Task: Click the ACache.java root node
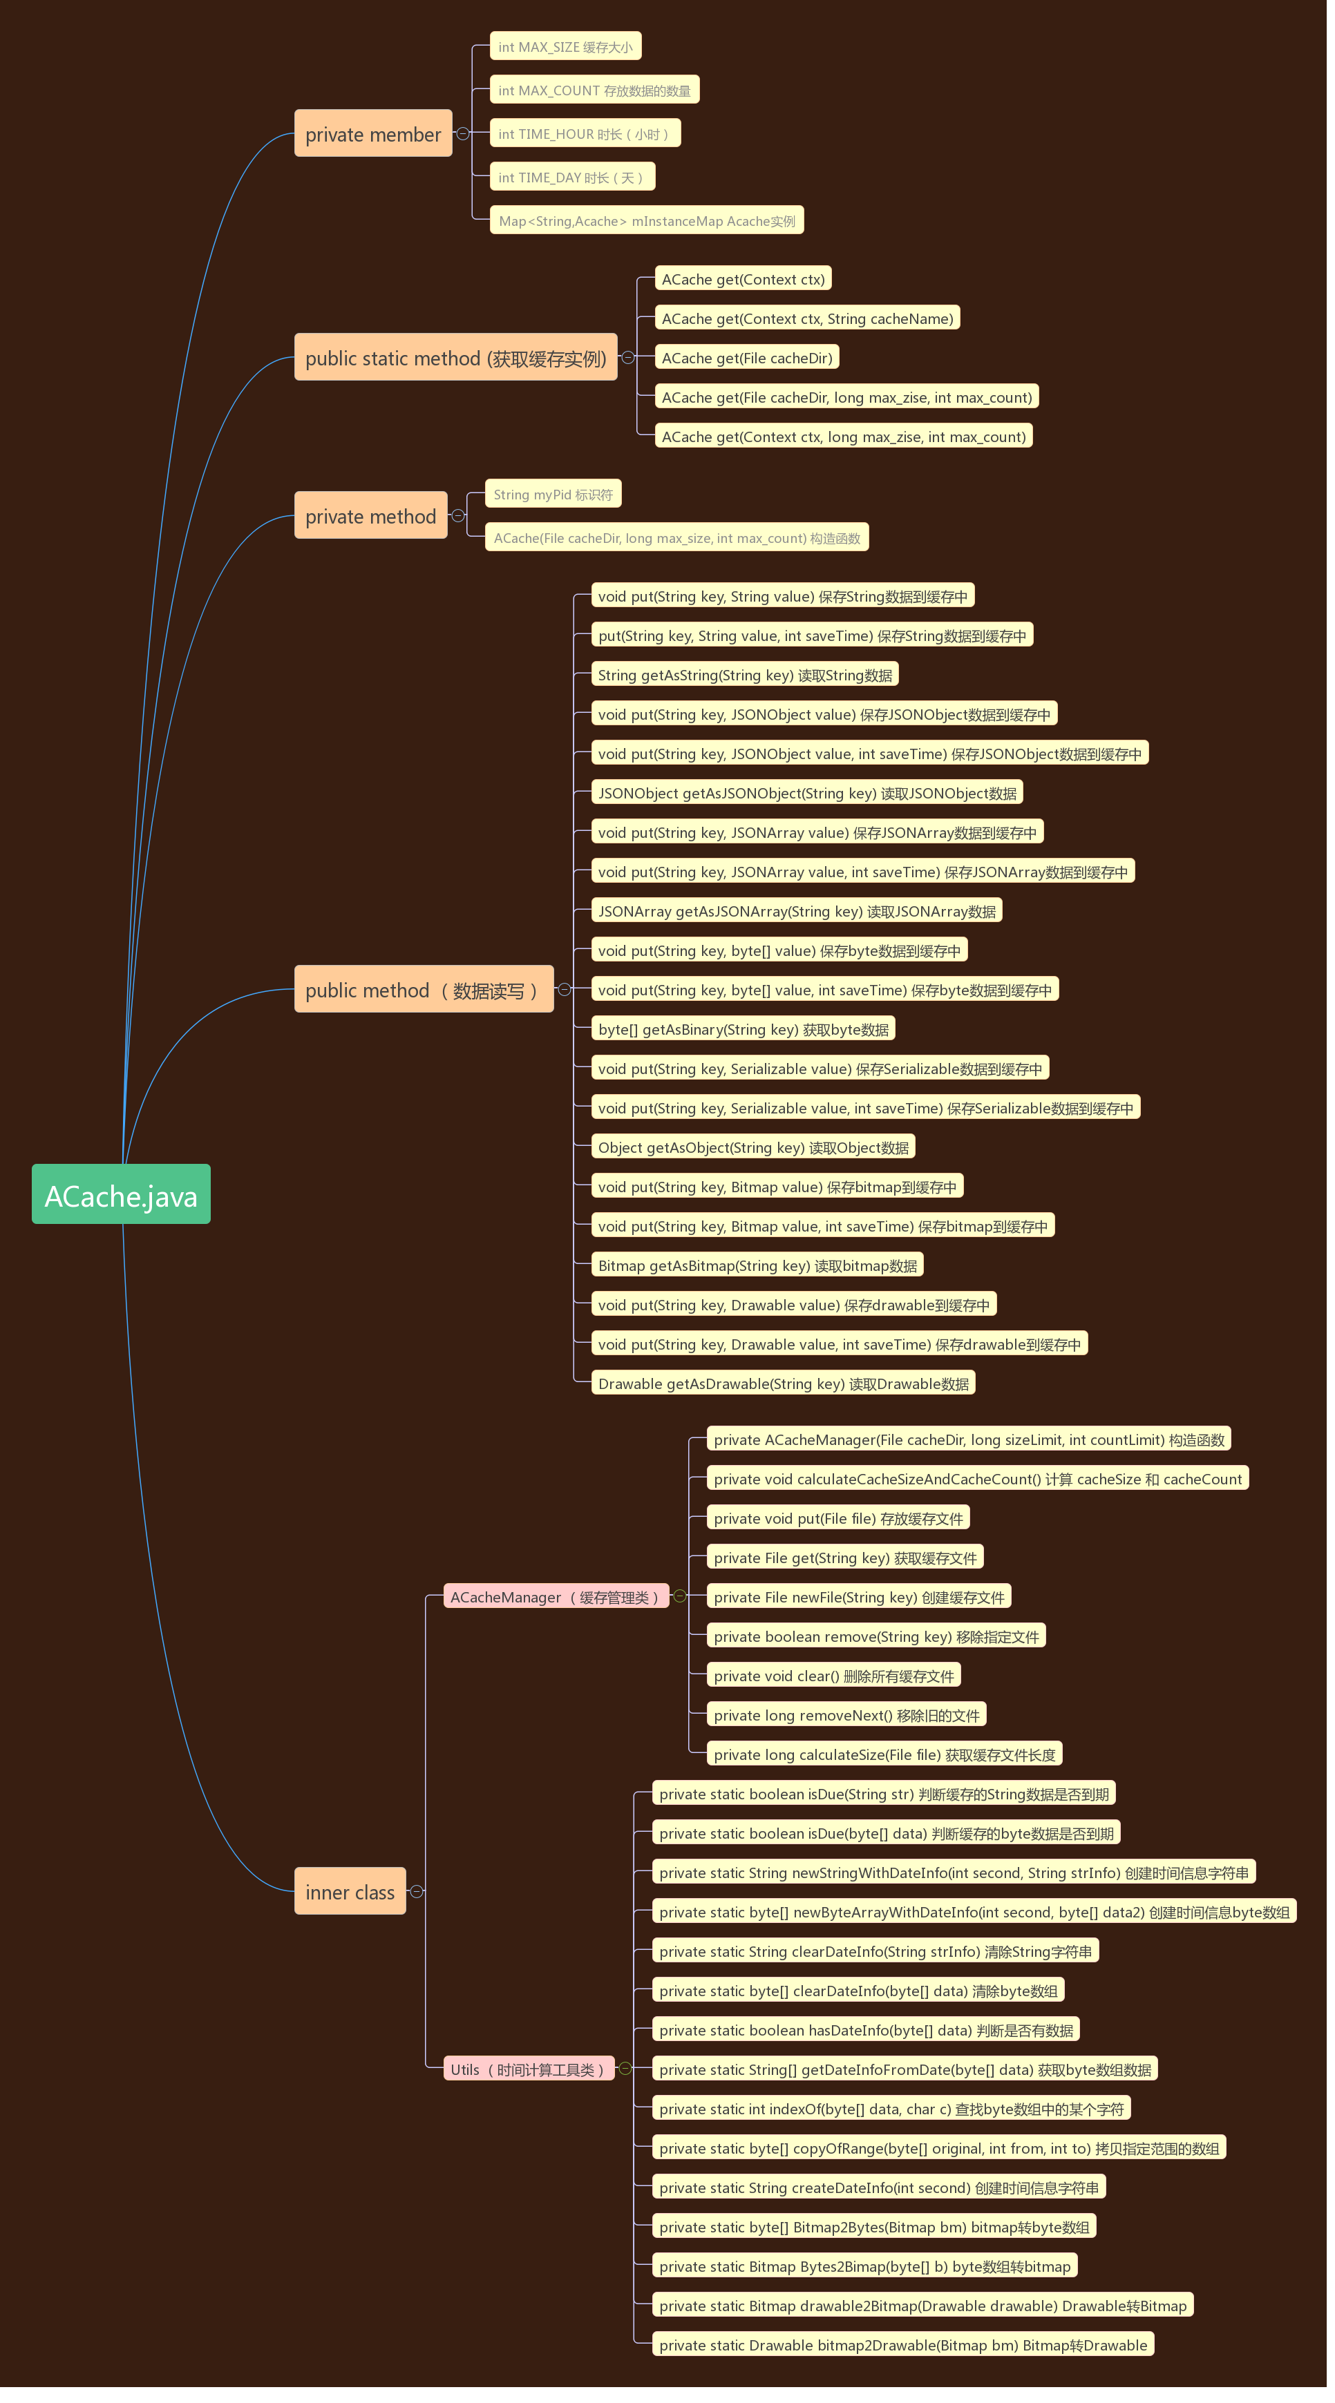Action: [x=122, y=1194]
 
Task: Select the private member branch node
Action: [x=373, y=133]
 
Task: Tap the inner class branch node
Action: [x=350, y=1891]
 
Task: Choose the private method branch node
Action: [x=370, y=516]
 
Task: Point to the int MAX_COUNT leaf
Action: [x=594, y=90]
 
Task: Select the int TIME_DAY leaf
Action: [x=572, y=178]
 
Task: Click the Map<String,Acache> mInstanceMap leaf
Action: [x=647, y=221]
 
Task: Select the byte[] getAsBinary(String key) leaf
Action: [x=743, y=1029]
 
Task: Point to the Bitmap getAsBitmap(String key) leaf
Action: [x=757, y=1265]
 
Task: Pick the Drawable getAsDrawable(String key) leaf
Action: [x=783, y=1384]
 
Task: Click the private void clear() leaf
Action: [x=833, y=1676]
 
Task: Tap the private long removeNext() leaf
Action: [x=846, y=1714]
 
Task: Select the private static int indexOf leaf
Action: [x=891, y=2108]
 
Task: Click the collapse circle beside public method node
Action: [x=565, y=990]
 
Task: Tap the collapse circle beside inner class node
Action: [x=417, y=1891]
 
